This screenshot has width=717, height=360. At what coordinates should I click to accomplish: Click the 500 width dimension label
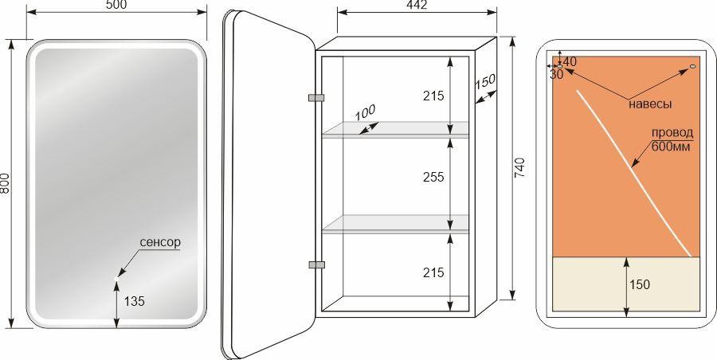point(116,5)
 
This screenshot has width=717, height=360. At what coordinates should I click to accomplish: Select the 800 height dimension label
point(5,183)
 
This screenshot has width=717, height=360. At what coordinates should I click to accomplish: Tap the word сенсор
point(160,242)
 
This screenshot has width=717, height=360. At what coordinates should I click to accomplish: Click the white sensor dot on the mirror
point(116,278)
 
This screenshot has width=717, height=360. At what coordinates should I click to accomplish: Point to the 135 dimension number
point(135,301)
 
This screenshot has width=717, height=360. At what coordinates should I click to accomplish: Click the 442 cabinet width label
point(417,5)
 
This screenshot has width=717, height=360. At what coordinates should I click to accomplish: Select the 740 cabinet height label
point(522,167)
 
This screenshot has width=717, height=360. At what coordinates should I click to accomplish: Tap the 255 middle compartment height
point(433,177)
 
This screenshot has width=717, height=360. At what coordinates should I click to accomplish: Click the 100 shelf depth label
point(366,112)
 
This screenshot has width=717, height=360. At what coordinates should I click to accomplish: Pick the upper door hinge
point(316,97)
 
